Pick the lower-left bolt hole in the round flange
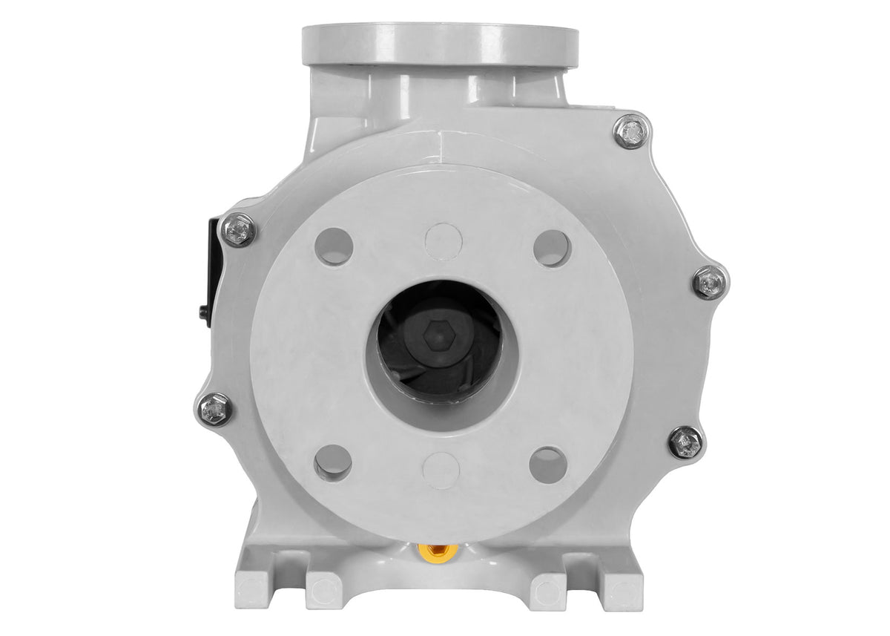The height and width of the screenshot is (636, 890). (x=332, y=462)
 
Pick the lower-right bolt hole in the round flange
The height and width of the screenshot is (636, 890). (x=548, y=464)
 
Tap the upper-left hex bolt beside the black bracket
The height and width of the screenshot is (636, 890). (x=239, y=229)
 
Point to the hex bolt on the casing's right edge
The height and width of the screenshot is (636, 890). (x=710, y=283)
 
